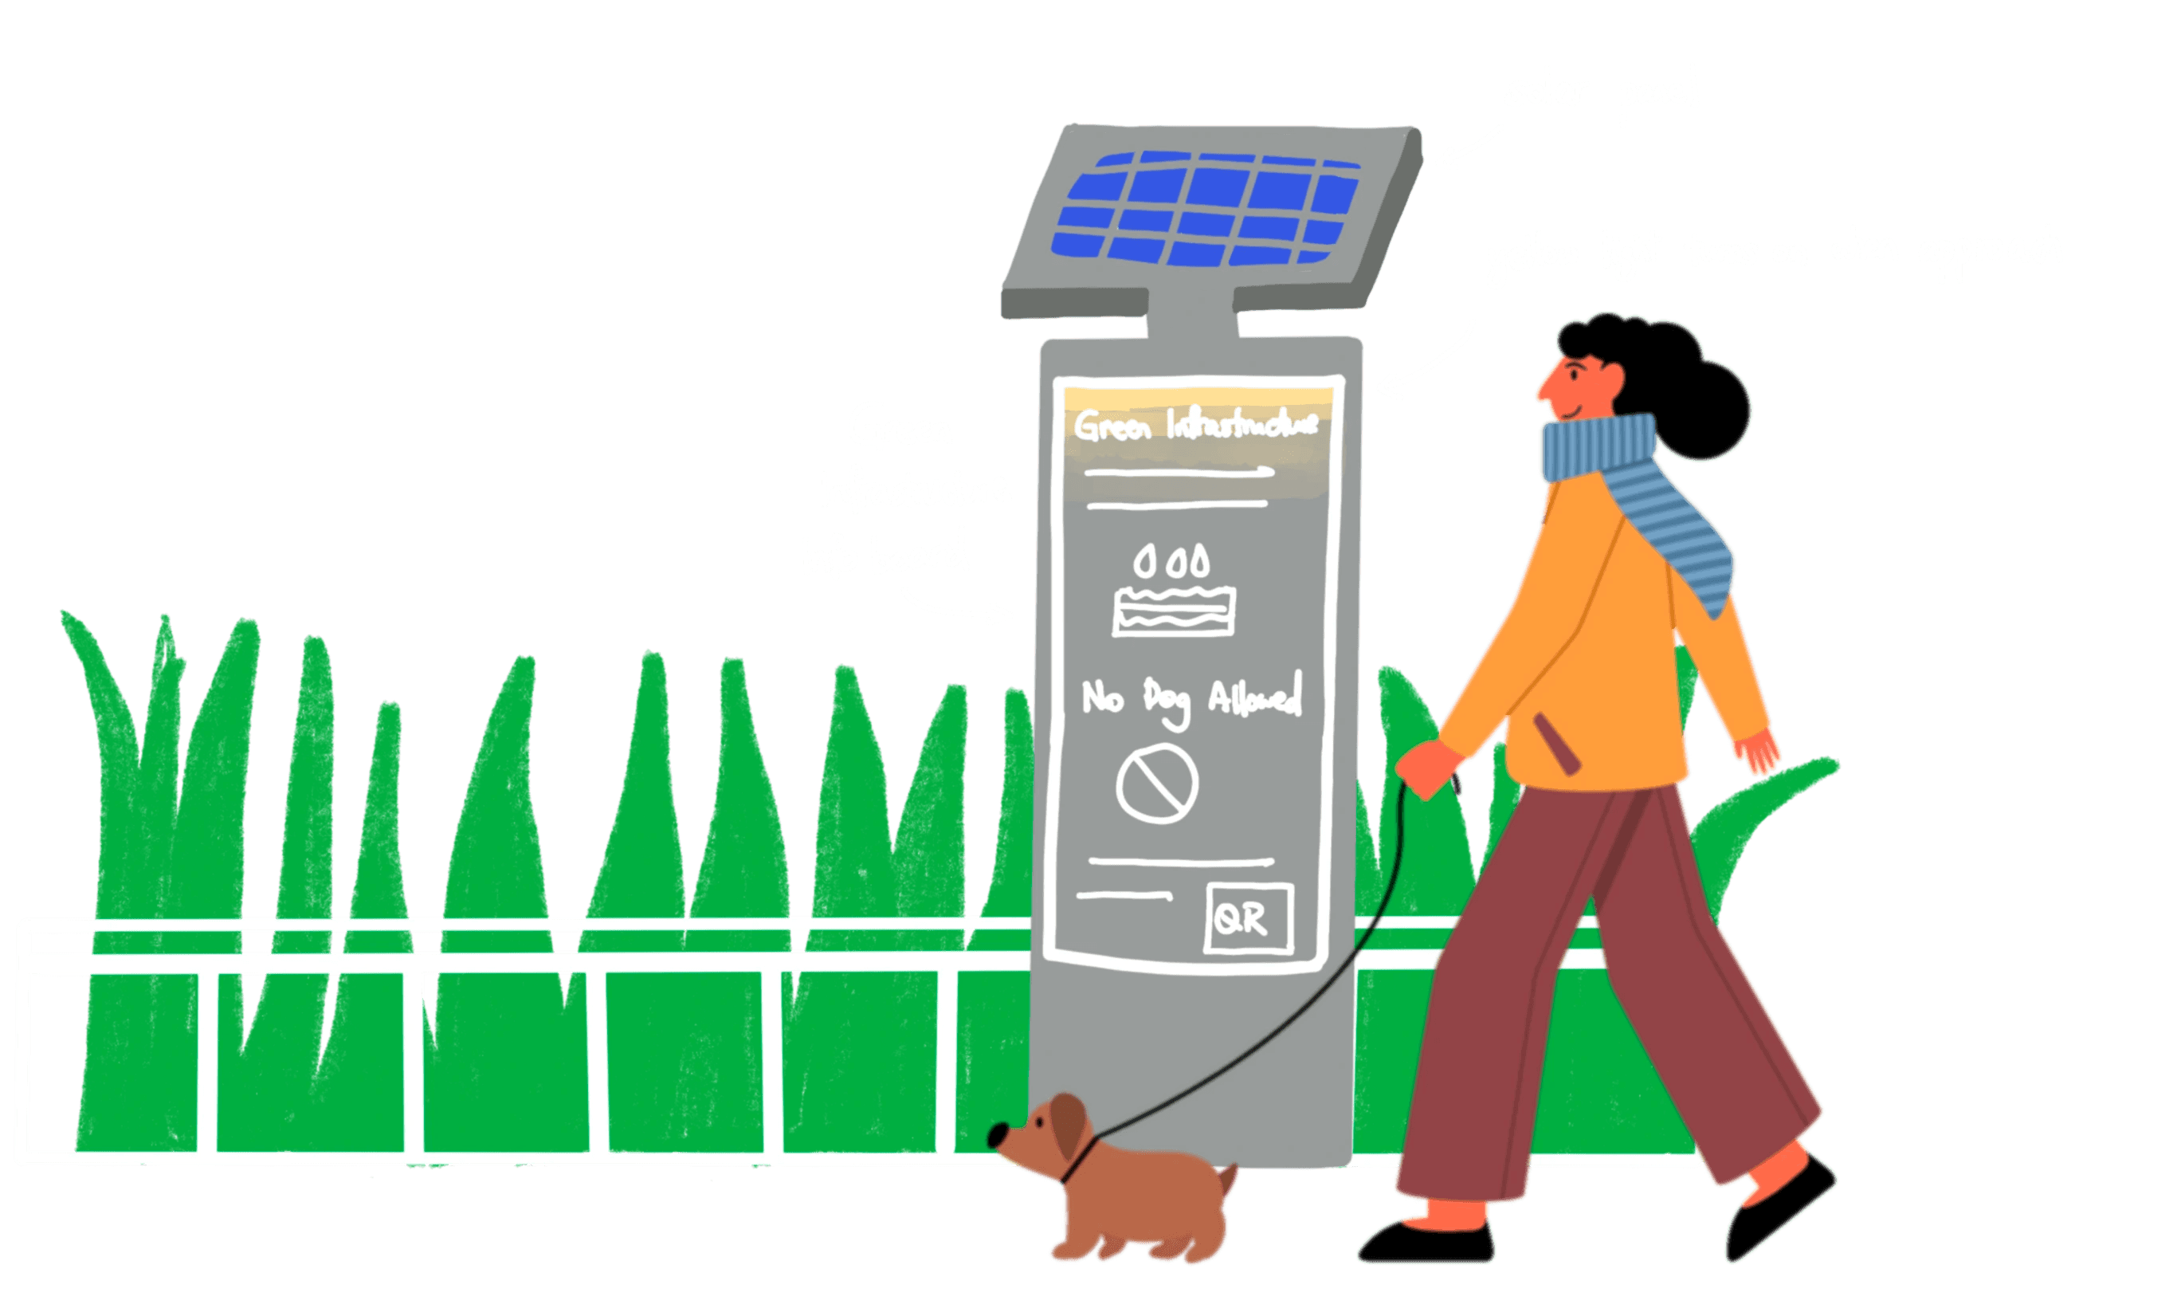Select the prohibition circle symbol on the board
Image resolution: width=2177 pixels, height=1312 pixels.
1156,783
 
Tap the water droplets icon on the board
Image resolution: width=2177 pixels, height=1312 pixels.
1171,561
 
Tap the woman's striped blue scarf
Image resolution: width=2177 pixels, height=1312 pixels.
1643,495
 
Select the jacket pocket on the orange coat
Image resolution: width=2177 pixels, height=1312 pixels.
1556,743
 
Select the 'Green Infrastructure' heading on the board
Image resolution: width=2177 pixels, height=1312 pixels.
1195,425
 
